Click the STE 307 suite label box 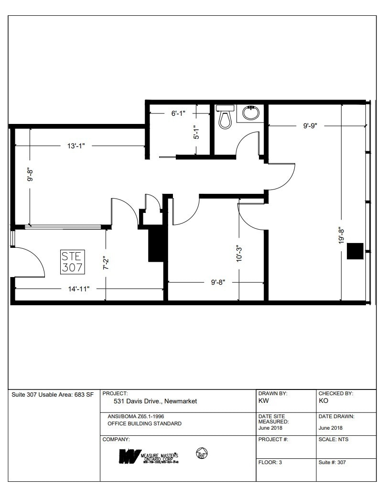[73, 262]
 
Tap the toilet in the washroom [225, 117]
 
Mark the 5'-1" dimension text [195, 133]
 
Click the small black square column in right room [355, 251]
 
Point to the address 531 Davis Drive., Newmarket [155, 401]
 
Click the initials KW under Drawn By [263, 401]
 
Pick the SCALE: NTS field [333, 439]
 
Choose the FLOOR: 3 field [270, 463]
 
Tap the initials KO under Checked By [323, 401]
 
